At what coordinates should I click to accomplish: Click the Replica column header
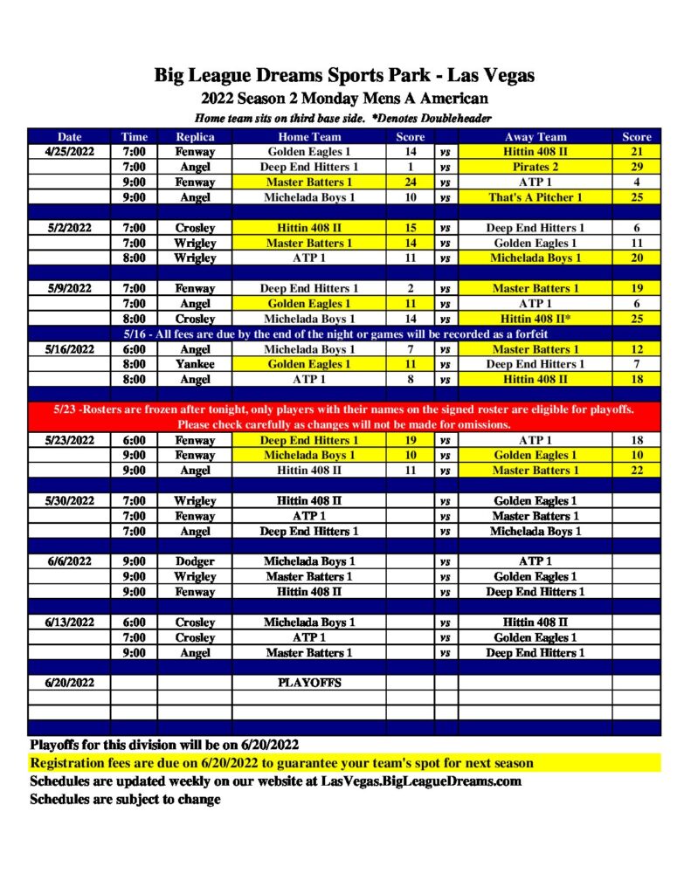[x=195, y=136]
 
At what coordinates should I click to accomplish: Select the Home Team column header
[x=309, y=136]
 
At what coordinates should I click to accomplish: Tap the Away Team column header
[x=536, y=136]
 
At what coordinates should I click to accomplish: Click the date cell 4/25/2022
[x=69, y=152]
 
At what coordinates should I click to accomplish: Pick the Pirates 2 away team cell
[x=536, y=167]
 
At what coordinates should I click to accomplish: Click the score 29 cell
[x=637, y=167]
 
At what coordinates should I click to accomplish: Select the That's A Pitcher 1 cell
[x=536, y=197]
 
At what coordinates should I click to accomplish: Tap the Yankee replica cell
[x=195, y=364]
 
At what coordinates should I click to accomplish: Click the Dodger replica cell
[x=195, y=561]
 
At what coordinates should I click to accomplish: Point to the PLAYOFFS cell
[x=309, y=683]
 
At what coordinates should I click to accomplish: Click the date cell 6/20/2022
[x=69, y=683]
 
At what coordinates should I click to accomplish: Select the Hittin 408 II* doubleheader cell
[x=536, y=319]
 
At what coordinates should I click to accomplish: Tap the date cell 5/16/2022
[x=69, y=349]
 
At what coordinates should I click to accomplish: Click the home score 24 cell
[x=411, y=182]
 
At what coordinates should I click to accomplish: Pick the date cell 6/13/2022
[x=69, y=622]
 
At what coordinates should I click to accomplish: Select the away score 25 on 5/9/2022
[x=637, y=319]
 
